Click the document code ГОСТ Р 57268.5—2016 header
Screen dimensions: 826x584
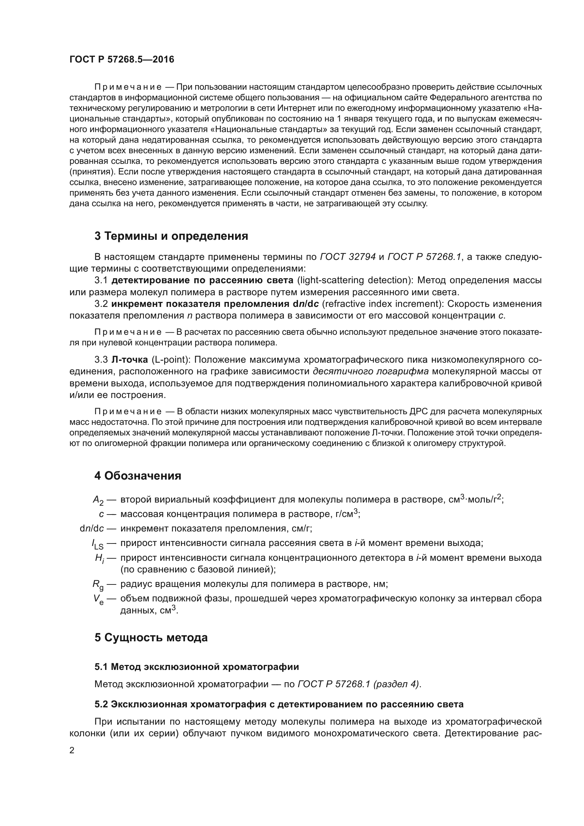pos(121,59)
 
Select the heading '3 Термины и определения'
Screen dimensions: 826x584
pos(171,236)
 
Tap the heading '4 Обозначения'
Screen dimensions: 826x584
pos(138,476)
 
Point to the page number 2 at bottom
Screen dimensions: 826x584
pos(72,750)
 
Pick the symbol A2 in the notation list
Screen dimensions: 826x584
pos(98,500)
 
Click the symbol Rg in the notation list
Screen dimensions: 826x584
pos(98,584)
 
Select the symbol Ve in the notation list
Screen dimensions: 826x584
pos(98,599)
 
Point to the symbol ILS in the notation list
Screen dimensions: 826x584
pos(97,544)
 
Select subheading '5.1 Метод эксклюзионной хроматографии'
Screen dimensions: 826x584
pos(197,667)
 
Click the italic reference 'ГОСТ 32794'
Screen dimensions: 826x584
pos(348,257)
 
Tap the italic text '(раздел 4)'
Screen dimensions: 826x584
pos(396,684)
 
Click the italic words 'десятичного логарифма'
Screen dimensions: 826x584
pos(370,371)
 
